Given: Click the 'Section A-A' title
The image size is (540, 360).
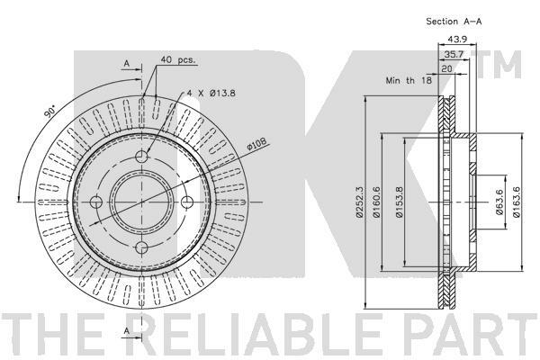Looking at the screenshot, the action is point(454,22).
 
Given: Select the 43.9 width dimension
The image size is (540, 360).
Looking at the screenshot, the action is point(457,40).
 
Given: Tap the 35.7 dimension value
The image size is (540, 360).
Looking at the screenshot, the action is point(454,54).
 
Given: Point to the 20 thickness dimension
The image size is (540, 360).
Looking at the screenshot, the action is point(446,68).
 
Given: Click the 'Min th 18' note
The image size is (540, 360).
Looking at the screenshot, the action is point(409,81).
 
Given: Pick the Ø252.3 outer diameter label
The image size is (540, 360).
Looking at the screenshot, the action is point(359,202).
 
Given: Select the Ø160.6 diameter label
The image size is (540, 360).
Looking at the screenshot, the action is point(376,202).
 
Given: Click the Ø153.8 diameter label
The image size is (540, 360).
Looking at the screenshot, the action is point(399,202).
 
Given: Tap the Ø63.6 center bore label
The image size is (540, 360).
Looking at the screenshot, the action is point(499,202).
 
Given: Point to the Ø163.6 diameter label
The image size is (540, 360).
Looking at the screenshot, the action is point(516,202).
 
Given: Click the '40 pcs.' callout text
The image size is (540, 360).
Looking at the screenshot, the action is point(177,59).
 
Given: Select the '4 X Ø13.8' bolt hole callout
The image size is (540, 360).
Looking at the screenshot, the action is point(211,93).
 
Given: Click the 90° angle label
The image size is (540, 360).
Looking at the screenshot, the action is point(50,112).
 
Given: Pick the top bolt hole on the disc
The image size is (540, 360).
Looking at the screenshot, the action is point(141,157).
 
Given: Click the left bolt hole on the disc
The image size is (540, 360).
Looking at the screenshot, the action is point(96,202).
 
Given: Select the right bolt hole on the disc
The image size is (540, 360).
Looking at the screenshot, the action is point(187,202).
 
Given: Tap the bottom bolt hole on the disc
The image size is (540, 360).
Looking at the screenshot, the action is point(141,247).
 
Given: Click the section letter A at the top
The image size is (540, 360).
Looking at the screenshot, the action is point(127,63).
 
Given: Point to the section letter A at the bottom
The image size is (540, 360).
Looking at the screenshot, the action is point(127,330).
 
